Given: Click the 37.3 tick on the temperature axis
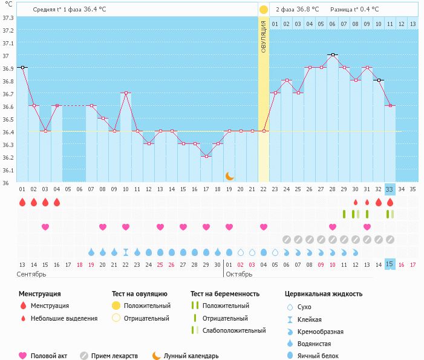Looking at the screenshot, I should pyautogui.click(x=8, y=18).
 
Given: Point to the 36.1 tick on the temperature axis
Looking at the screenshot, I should pyautogui.click(x=8, y=170).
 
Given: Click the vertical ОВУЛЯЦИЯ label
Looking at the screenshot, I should pyautogui.click(x=264, y=36).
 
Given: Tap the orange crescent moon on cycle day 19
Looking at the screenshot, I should pyautogui.click(x=230, y=176).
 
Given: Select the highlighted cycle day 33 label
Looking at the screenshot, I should pyautogui.click(x=390, y=189).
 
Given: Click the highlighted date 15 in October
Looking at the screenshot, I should pyautogui.click(x=390, y=264).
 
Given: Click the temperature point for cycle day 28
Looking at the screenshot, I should pyautogui.click(x=333, y=54).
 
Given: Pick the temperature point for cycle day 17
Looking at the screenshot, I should pyautogui.click(x=206, y=156).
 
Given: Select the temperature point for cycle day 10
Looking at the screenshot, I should pyautogui.click(x=126, y=93).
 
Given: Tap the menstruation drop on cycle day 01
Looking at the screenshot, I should pyautogui.click(x=22, y=202).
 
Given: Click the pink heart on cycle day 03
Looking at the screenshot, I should pyautogui.click(x=45, y=227).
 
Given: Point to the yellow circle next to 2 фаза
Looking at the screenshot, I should pyautogui.click(x=264, y=10).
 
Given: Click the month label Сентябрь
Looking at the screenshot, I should pyautogui.click(x=32, y=274).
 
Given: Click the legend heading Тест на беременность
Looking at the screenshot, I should pyautogui.click(x=225, y=293).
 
